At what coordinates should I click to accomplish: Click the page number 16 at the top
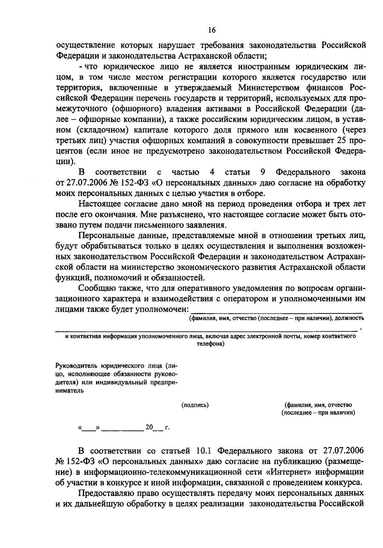[212, 30]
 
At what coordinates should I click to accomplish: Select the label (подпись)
[195, 405]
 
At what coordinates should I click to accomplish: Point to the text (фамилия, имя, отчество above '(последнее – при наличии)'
[318, 405]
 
